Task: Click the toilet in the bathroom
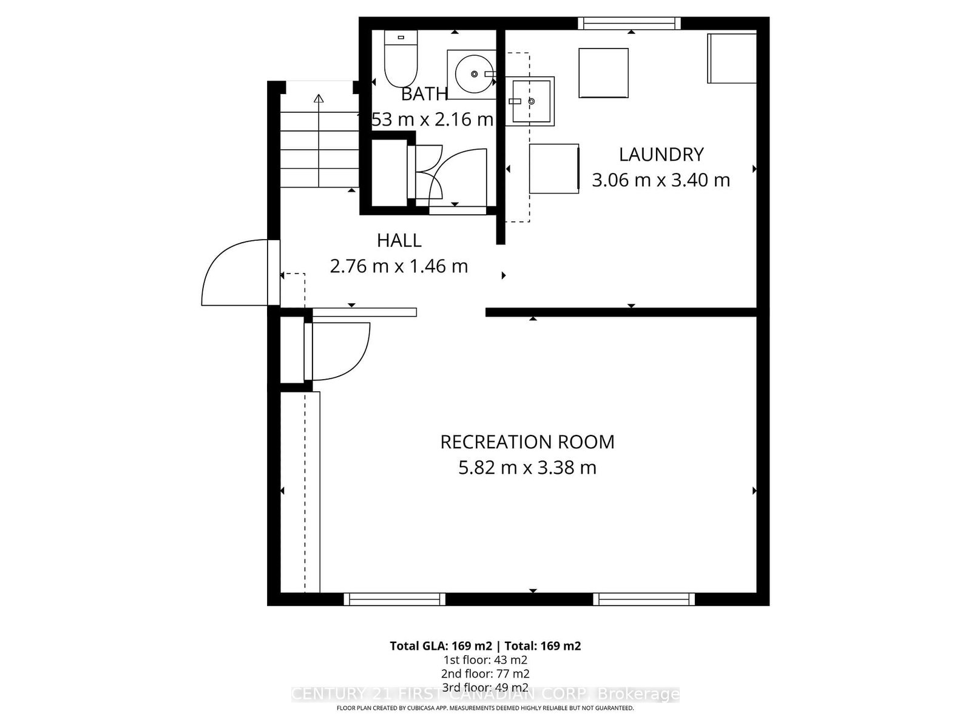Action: coord(401,61)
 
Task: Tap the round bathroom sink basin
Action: coord(475,74)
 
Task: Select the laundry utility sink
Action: coord(531,101)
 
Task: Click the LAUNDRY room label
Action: coord(661,155)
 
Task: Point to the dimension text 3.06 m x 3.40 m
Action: coord(661,180)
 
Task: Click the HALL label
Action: coord(399,241)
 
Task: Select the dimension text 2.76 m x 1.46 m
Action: coord(399,266)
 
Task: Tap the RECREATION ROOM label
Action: coord(527,442)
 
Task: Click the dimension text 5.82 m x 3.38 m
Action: coord(527,468)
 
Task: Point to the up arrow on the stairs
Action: coord(319,99)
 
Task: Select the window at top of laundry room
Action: coord(629,24)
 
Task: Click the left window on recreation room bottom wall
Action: coord(394,599)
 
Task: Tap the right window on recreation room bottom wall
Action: coord(644,599)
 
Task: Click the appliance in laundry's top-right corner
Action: coord(731,58)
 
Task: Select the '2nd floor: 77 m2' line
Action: coord(485,673)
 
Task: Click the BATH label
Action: coord(424,94)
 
